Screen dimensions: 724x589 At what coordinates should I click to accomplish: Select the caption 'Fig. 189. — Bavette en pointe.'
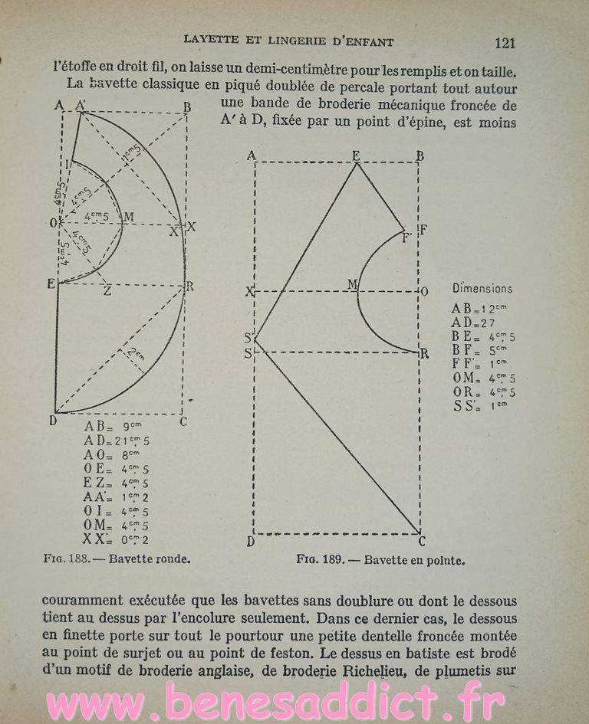[381, 560]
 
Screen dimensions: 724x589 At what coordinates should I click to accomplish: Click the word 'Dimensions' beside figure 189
[482, 289]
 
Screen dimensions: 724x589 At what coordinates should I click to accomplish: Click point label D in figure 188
[53, 419]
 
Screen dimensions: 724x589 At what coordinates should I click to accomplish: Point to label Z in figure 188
[107, 292]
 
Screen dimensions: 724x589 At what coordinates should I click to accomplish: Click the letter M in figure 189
[353, 284]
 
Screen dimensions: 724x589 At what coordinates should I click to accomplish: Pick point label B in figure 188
[186, 107]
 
